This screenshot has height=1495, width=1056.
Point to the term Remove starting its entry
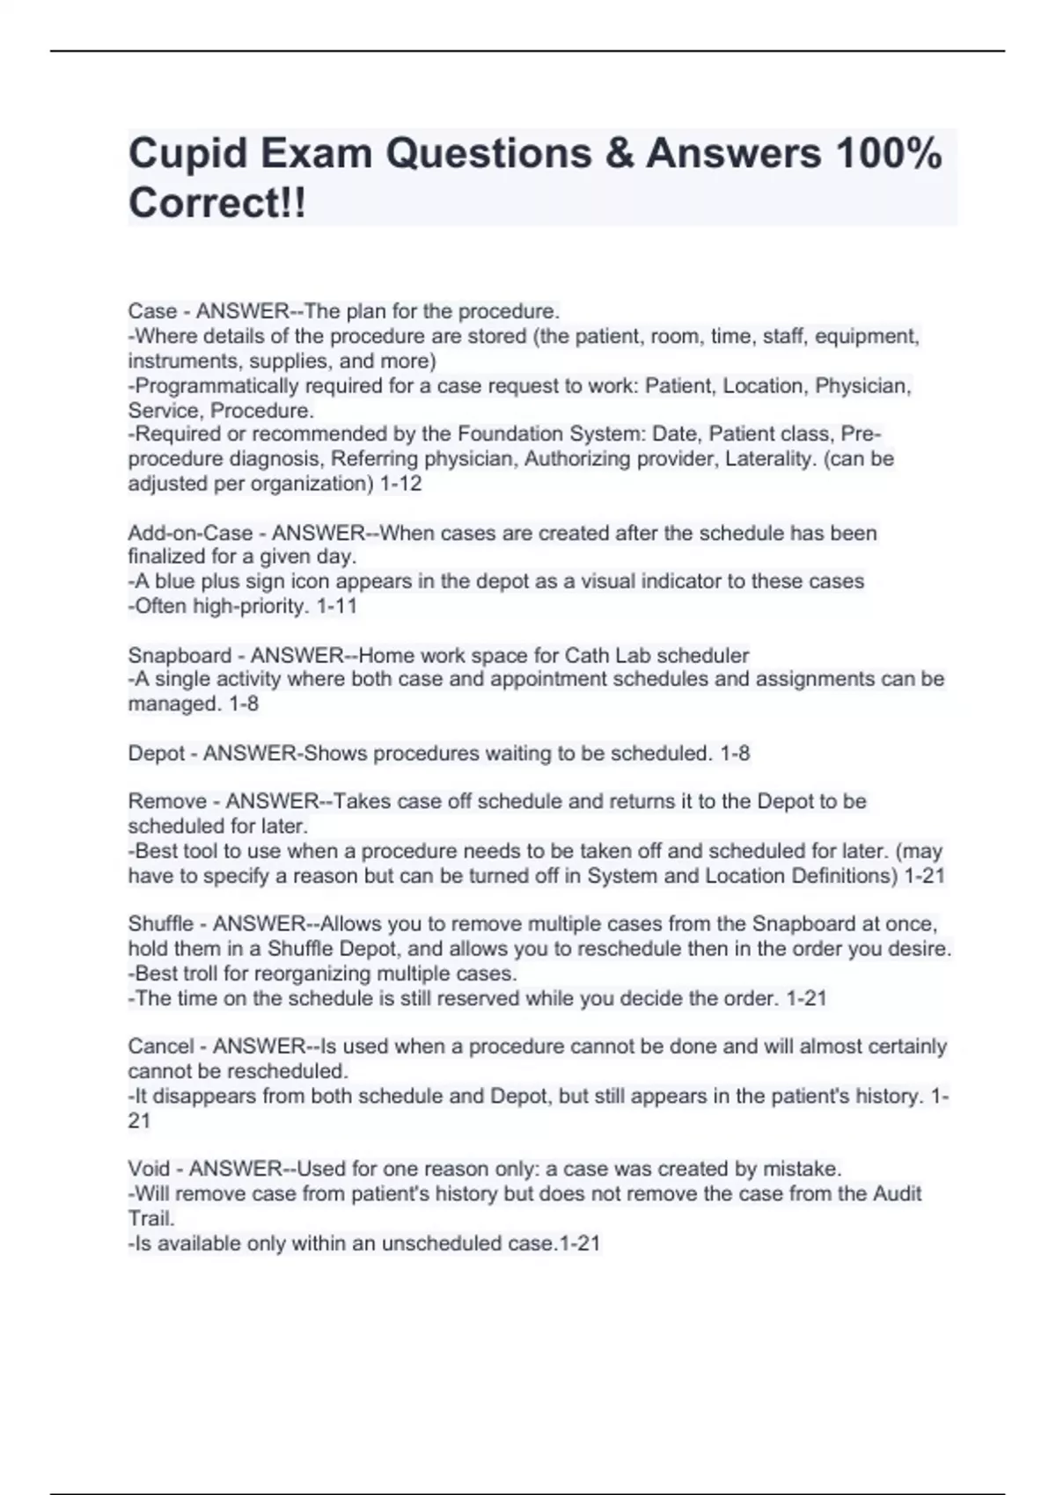[x=167, y=801]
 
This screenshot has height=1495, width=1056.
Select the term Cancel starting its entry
[x=161, y=1046]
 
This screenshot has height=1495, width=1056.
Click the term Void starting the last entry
[x=149, y=1169]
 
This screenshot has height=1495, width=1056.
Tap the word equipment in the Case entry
[x=868, y=337]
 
